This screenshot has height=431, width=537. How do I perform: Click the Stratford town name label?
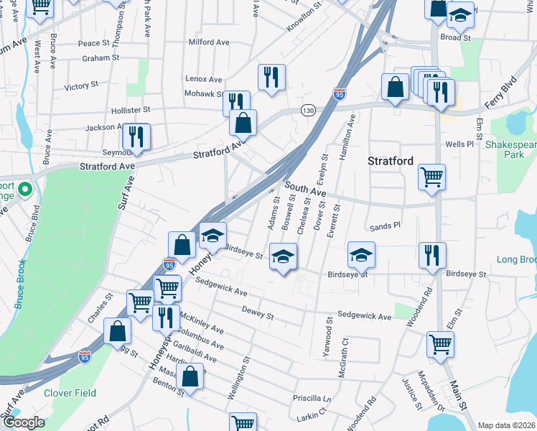click(391, 161)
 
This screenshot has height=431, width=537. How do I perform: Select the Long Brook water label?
click(516, 259)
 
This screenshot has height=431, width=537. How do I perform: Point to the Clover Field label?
click(70, 393)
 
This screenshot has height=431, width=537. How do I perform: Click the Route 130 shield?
click(308, 110)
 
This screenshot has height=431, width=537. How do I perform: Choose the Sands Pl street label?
click(384, 226)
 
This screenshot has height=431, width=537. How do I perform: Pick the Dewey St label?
click(258, 313)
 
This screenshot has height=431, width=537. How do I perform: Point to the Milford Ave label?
click(209, 42)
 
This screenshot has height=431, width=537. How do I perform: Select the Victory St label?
click(81, 85)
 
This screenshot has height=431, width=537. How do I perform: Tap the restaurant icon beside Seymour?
click(135, 137)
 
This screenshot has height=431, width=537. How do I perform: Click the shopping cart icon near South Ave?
click(431, 177)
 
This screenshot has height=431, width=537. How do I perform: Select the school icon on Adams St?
click(284, 256)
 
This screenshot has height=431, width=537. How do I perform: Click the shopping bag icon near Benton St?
click(190, 376)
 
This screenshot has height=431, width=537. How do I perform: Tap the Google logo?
click(23, 422)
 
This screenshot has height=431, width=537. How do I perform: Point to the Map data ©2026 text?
click(506, 425)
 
